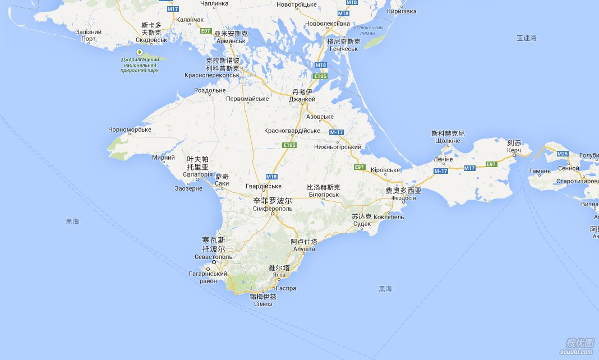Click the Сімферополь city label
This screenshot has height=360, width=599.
pyautogui.click(x=273, y=209)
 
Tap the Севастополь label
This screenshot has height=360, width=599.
pyautogui.click(x=213, y=256)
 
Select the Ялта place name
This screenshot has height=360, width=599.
pyautogui.click(x=279, y=275)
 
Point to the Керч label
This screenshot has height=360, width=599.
pyautogui.click(x=514, y=151)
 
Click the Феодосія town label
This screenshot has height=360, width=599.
pyautogui.click(x=403, y=198)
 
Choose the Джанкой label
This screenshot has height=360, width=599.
pyautogui.click(x=302, y=99)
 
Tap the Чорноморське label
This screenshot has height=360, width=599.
pyautogui.click(x=130, y=130)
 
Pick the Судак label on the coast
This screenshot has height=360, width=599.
pyautogui.click(x=362, y=224)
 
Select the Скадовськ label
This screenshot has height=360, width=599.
pyautogui.click(x=151, y=40)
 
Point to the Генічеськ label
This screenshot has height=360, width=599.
pyautogui.click(x=343, y=49)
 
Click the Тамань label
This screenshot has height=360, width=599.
pyautogui.click(x=540, y=170)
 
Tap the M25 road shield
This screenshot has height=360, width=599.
pyautogui.click(x=563, y=153)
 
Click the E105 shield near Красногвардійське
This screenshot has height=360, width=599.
pyautogui.click(x=289, y=145)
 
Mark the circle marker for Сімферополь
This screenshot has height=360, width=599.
pyautogui.click(x=273, y=214)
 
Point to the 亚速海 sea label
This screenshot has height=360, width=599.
pyautogui.click(x=527, y=38)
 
